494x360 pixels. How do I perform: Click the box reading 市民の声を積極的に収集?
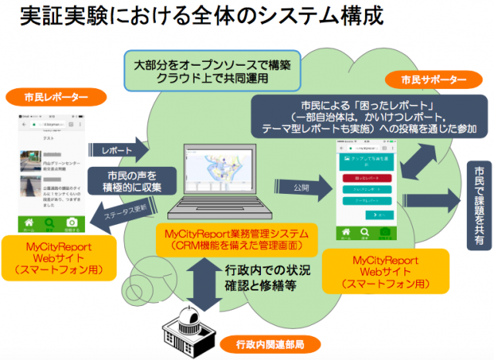click(127, 180)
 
